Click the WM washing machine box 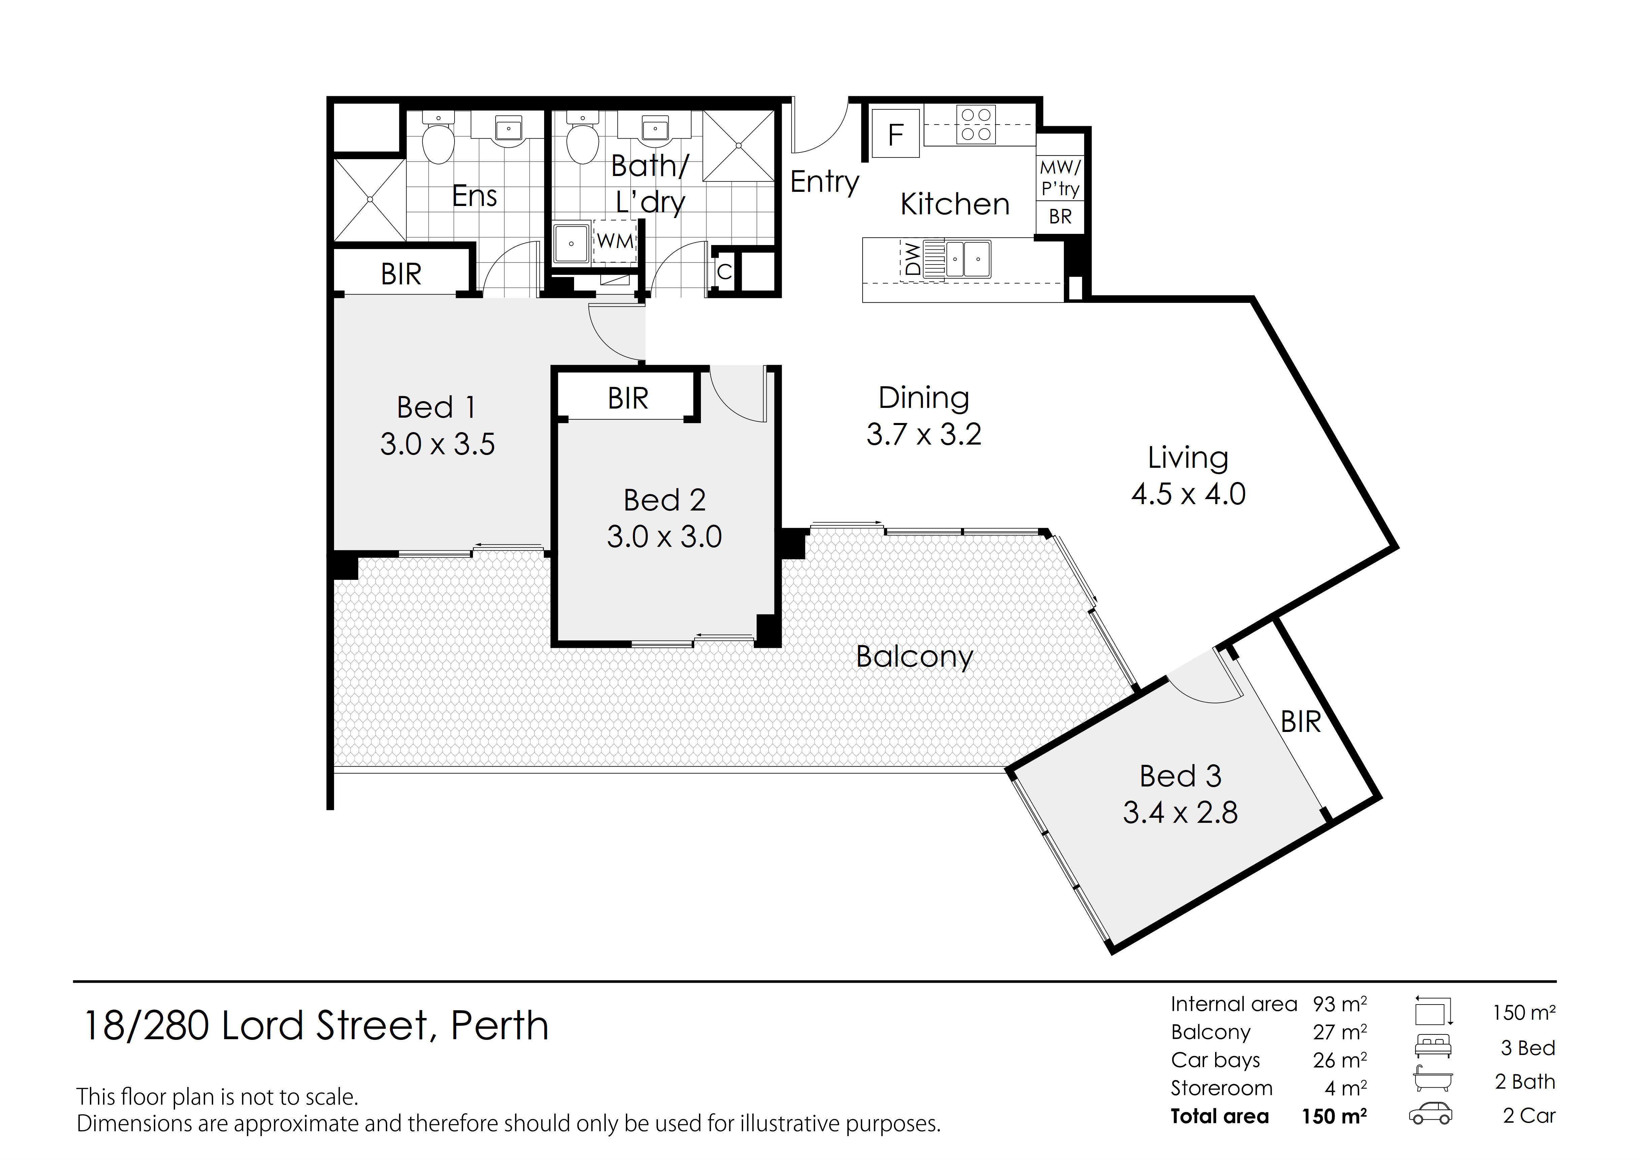pos(614,241)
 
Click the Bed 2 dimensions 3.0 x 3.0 pos(664,537)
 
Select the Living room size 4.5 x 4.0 pos(1189,494)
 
